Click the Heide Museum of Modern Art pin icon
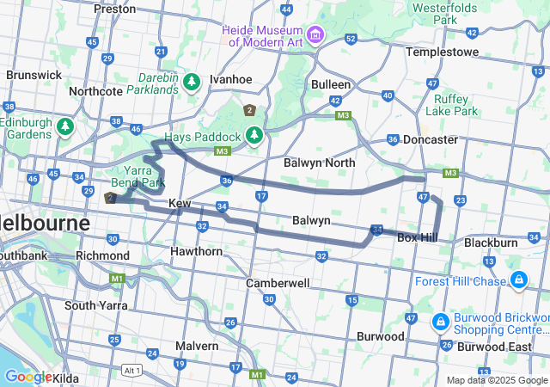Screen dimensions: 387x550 click(316, 35)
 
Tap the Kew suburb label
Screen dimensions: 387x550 click(179, 203)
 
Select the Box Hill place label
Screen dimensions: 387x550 click(419, 237)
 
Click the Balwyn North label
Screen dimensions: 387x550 click(319, 162)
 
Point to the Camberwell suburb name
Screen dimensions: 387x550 click(278, 282)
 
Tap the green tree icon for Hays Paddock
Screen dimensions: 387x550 click(254, 136)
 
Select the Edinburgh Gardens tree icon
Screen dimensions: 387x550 click(64, 127)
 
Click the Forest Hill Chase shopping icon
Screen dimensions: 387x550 click(519, 279)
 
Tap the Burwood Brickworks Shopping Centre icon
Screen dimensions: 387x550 click(440, 321)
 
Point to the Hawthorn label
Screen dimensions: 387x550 click(196, 251)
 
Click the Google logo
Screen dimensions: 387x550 click(27, 377)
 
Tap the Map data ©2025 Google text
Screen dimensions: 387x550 click(496, 380)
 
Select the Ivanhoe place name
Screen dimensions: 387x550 click(230, 79)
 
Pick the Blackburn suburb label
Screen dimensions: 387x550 click(491, 243)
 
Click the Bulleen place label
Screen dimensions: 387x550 click(331, 84)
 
